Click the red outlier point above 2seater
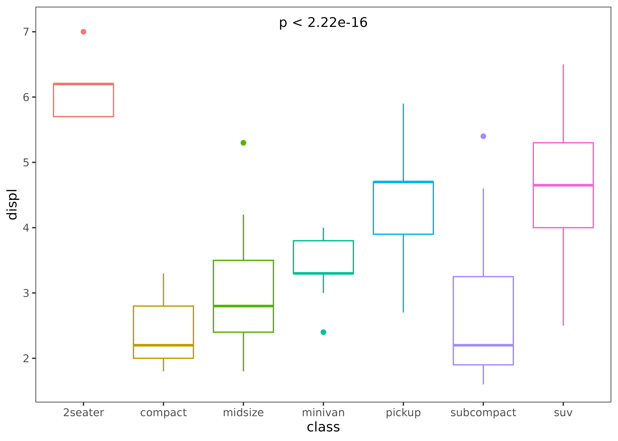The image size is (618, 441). point(83,32)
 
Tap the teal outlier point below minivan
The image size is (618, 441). point(323,332)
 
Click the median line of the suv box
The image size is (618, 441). point(563,185)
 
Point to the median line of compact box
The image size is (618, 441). point(163,345)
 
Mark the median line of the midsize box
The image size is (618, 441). point(243,306)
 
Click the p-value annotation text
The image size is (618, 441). point(323,22)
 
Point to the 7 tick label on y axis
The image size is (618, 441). point(26,32)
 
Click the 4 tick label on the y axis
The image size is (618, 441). point(26,228)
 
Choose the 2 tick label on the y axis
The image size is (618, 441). point(26,358)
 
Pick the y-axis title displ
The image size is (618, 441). point(12,204)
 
